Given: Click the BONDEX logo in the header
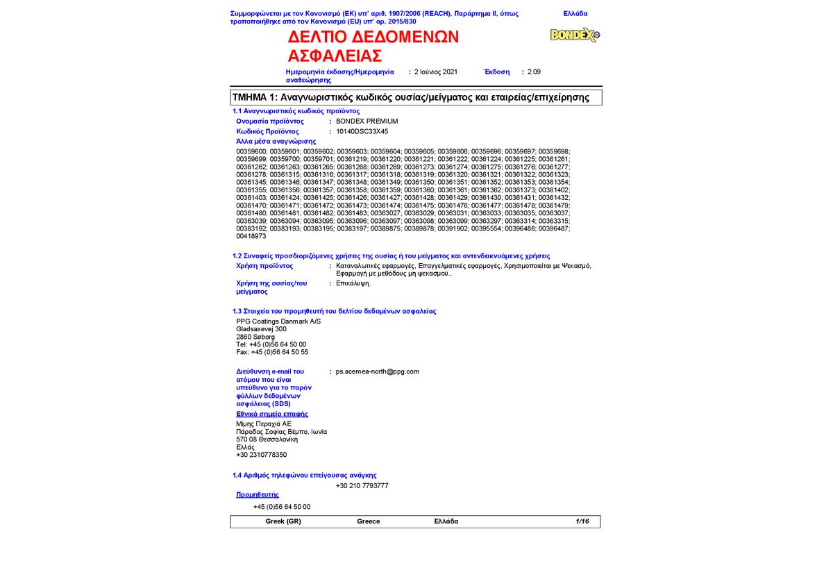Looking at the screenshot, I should pos(575,35).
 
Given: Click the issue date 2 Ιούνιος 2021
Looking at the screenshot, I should pos(436,72).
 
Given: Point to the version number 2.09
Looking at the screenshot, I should pos(534,72).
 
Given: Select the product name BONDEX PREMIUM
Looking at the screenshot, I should pos(367,121).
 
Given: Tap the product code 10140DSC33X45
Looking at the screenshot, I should pos(362,131).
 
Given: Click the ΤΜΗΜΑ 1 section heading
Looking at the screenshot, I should pos(410,97).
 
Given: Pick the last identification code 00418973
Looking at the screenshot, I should pos(251,236).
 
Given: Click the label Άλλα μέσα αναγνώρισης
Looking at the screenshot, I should pos(276,141).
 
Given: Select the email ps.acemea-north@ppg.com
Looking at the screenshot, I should pos(378,371).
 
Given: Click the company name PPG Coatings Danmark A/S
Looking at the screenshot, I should pos(278,321).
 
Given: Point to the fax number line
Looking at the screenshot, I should pos(272,352).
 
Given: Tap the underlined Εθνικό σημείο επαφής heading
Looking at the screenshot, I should pos(272,414).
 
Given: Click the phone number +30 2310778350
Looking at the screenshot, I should pos(262,455).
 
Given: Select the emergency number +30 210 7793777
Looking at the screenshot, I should pos(362,485).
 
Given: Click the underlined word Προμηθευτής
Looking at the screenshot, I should pos(258,494).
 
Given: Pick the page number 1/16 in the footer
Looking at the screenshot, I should pos(582,521).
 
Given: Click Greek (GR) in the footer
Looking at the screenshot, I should pos(283,521).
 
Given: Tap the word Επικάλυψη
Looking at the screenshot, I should pos(353,283).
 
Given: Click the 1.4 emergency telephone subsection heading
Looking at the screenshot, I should pos(304,475).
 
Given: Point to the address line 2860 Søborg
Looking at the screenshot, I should pos(255,337).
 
